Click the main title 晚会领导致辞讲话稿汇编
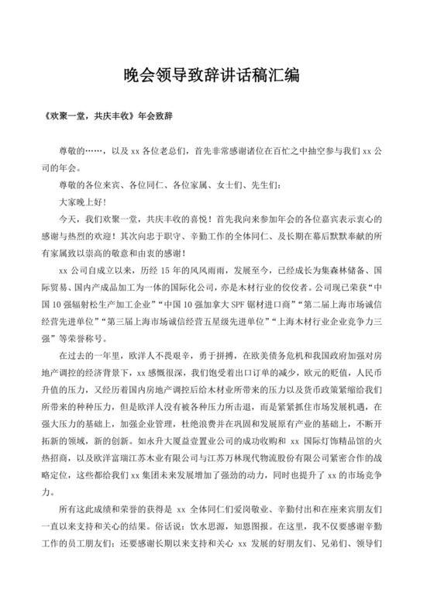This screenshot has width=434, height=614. (x=217, y=76)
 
